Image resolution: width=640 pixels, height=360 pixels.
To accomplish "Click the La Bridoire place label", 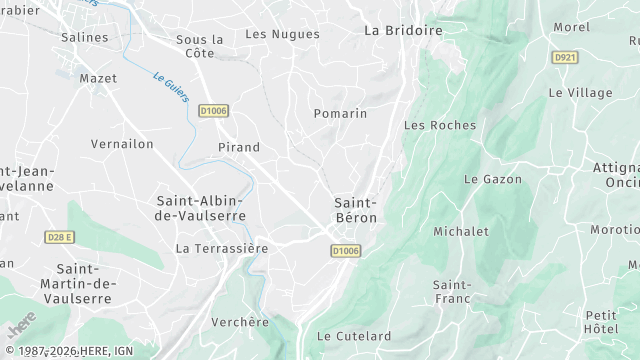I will (x=403, y=30).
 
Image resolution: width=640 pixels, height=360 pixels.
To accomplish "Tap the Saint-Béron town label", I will (x=354, y=210).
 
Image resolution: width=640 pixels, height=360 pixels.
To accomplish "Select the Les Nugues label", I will (x=282, y=34).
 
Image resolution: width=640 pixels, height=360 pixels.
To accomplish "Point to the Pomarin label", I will (x=340, y=113).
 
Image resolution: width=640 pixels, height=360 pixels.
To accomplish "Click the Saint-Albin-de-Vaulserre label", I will (x=200, y=208).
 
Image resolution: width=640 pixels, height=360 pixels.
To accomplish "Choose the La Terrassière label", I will (x=222, y=247).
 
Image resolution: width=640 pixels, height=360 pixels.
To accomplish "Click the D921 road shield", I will (x=565, y=58).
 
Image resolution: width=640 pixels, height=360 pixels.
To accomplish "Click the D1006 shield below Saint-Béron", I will (x=344, y=251).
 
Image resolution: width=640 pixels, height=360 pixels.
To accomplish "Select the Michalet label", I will (x=461, y=231).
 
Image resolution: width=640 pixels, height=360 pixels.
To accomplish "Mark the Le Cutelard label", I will (x=353, y=336).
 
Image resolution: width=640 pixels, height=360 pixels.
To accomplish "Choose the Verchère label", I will (x=241, y=322).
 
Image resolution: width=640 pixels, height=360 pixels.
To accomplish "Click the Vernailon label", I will (x=122, y=144).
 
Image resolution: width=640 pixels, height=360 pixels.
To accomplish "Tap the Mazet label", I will (x=98, y=77).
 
